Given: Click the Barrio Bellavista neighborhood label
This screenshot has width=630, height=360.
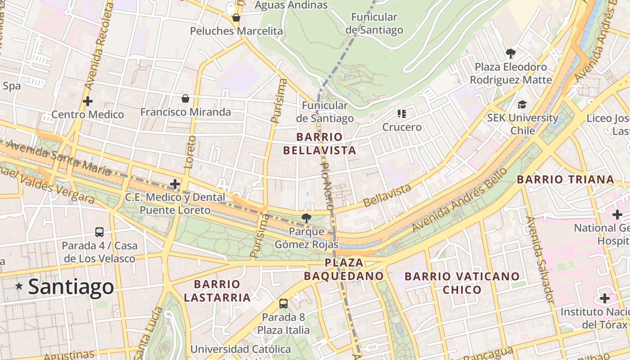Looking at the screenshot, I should pyautogui.click(x=319, y=144).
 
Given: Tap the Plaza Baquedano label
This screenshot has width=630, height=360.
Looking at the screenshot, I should pyautogui.click(x=344, y=269).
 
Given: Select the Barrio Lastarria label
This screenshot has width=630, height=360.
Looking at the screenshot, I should pyautogui.click(x=217, y=291).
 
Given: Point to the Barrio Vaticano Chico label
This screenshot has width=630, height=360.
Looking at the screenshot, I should pyautogui.click(x=462, y=283).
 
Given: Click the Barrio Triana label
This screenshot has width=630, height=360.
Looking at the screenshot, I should pyautogui.click(x=565, y=180).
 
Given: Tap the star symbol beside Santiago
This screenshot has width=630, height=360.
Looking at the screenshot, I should pyautogui.click(x=19, y=286).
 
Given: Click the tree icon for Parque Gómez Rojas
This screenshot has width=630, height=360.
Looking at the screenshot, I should pyautogui.click(x=306, y=218).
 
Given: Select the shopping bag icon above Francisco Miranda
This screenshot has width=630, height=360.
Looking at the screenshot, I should pyautogui.click(x=185, y=99).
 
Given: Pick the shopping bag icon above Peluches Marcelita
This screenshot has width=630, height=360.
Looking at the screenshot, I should pyautogui.click(x=236, y=18).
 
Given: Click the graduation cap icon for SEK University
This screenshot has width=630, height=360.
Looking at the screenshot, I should pyautogui.click(x=522, y=104).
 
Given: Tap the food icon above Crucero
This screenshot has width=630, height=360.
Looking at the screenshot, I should pyautogui.click(x=402, y=114).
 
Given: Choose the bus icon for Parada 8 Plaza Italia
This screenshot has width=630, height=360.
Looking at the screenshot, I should pyautogui.click(x=283, y=304).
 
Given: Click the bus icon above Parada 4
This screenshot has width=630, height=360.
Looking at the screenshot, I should pyautogui.click(x=99, y=232).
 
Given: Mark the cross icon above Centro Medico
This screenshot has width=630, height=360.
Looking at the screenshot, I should pyautogui.click(x=88, y=101).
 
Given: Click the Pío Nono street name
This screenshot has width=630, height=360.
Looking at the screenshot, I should pyautogui.click(x=326, y=189).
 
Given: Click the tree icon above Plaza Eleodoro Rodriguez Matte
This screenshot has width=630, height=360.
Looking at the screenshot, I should pyautogui.click(x=511, y=54).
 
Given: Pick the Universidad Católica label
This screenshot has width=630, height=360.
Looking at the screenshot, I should pyautogui.click(x=241, y=349).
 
